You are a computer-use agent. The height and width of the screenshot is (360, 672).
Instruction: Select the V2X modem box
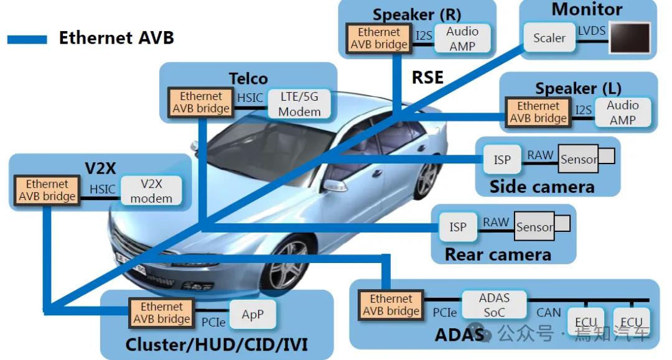151,191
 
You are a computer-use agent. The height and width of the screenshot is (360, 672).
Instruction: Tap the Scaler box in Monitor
549,39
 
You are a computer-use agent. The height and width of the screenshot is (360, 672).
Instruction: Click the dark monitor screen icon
629,38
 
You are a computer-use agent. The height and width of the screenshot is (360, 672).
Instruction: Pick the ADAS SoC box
494,305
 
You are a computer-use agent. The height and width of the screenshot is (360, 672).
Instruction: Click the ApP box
252,315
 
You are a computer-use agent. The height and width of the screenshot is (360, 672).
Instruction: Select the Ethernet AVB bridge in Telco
200,103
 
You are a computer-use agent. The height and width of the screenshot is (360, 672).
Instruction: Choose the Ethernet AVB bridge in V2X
47,190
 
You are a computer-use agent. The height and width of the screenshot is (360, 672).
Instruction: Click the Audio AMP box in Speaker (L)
622,113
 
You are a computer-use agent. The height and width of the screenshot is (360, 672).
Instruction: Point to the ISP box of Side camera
502,160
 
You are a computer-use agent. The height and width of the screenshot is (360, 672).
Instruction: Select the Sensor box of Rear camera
534,228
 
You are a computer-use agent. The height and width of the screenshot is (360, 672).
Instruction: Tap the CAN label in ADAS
548,313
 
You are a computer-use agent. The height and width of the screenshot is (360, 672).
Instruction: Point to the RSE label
427,77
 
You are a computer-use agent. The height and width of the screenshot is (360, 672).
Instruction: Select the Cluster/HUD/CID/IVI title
217,344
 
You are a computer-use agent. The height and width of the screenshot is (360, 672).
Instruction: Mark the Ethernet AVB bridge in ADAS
391,305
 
